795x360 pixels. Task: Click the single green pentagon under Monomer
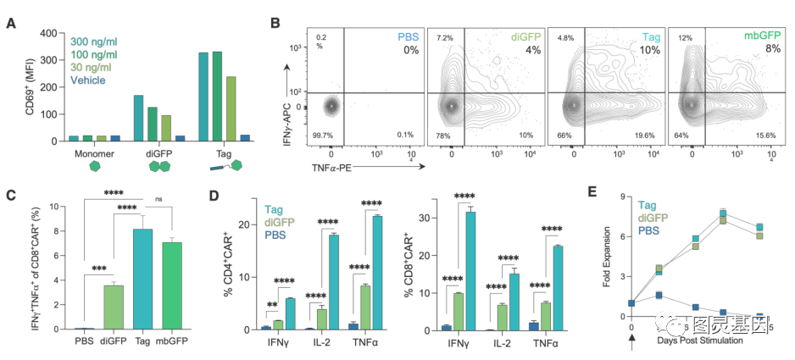pos(82,167)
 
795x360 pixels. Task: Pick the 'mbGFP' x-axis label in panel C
pos(177,343)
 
